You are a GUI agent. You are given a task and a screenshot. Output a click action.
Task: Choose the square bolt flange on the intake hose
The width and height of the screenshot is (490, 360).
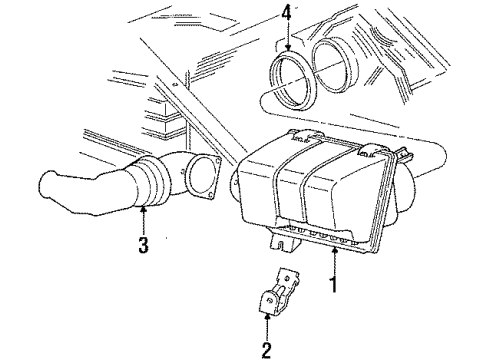point(204,176)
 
